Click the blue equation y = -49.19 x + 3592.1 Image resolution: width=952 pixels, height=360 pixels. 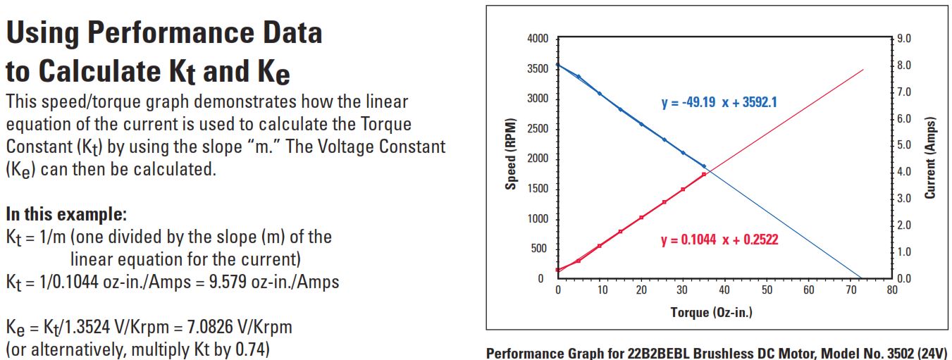click(x=719, y=103)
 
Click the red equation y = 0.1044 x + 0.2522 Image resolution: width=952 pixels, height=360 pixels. click(x=719, y=240)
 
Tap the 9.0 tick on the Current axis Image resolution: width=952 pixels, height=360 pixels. click(x=905, y=39)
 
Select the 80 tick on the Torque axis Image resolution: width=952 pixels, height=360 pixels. click(x=891, y=290)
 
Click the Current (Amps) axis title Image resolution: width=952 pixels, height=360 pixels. click(x=930, y=158)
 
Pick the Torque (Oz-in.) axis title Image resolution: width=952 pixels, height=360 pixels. click(x=711, y=312)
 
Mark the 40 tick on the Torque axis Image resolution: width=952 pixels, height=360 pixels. click(x=725, y=290)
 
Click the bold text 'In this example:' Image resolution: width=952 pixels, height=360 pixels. click(x=66, y=213)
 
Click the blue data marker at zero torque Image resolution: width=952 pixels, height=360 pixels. click(x=558, y=65)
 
